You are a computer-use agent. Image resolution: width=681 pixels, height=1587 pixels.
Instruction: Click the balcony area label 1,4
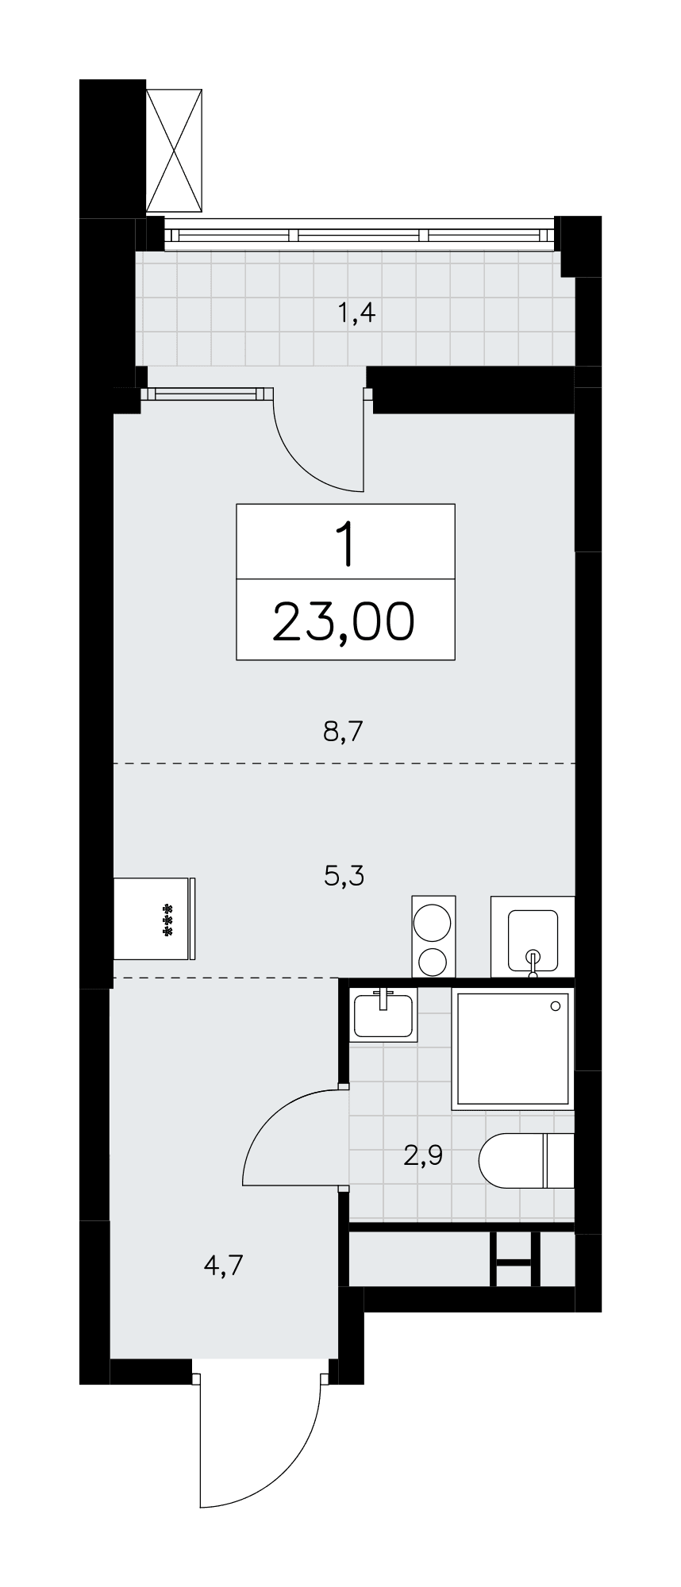(x=356, y=314)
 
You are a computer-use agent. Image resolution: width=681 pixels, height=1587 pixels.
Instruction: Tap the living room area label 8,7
(x=343, y=730)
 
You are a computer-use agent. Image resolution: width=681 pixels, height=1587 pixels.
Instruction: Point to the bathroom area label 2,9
(x=422, y=1155)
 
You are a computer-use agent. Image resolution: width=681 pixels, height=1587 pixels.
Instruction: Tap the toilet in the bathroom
(x=526, y=1161)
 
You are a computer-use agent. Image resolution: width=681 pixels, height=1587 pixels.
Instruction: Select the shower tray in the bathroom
(x=512, y=1048)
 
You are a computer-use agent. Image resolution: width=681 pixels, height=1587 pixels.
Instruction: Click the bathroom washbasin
(x=384, y=1015)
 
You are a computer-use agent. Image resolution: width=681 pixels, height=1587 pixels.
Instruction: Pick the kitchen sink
(x=533, y=936)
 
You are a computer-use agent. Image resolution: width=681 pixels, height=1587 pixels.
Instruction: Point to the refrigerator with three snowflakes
(x=155, y=918)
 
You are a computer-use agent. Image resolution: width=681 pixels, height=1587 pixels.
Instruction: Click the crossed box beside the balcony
(x=175, y=150)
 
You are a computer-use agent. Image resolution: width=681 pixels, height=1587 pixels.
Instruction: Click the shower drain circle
(x=556, y=1005)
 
